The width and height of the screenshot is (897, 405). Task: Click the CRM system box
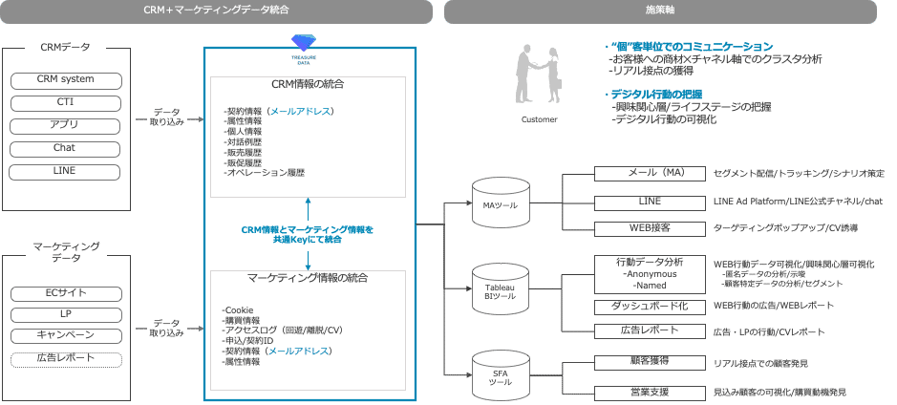(x=65, y=79)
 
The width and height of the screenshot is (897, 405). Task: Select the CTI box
(x=65, y=102)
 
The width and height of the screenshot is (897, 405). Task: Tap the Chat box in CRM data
(x=65, y=148)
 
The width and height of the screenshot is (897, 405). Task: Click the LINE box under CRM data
(x=65, y=171)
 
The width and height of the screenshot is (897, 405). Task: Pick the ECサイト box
(x=65, y=292)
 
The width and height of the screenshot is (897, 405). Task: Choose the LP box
(x=65, y=314)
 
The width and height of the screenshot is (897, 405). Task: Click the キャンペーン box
(x=65, y=335)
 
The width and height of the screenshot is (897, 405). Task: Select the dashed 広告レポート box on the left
(x=65, y=358)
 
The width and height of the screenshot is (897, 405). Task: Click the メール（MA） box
(x=650, y=174)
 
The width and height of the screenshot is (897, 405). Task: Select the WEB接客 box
(x=650, y=228)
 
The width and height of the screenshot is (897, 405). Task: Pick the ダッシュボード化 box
(x=650, y=307)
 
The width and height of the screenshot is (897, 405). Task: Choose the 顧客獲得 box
(x=650, y=363)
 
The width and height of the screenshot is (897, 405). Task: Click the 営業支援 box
(x=650, y=392)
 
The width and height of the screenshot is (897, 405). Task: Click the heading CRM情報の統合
(x=308, y=85)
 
